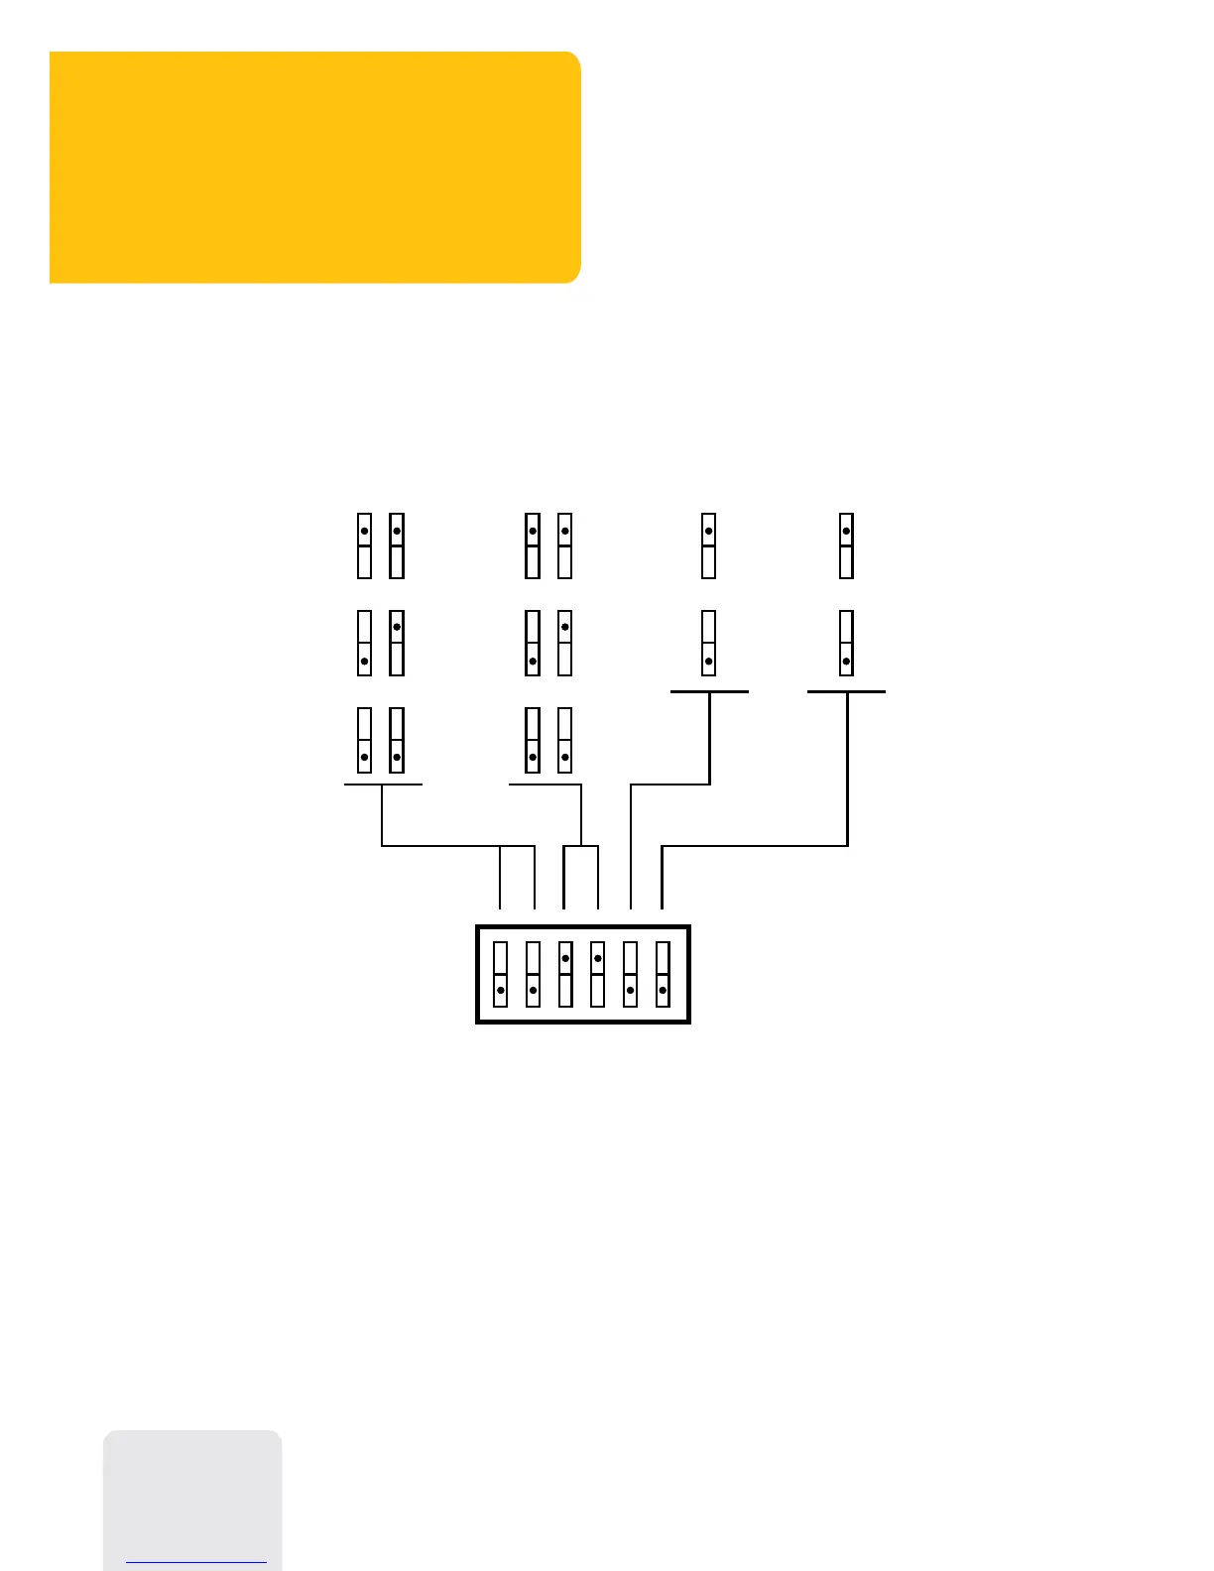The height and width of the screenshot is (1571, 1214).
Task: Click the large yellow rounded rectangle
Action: pos(314,167)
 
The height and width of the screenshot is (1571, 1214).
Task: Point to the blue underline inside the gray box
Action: pos(196,1563)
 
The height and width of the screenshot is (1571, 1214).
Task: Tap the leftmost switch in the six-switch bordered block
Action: pos(501,974)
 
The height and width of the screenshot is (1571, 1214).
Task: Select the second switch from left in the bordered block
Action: pos(533,974)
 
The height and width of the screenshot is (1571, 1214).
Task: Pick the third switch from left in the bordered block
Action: pos(565,974)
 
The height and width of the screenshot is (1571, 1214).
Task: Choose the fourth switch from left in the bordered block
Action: pos(597,974)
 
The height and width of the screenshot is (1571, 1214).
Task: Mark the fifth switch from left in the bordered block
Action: pos(630,974)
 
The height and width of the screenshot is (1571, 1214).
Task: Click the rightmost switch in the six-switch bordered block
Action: pos(663,974)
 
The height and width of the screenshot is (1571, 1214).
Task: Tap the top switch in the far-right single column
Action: pos(846,545)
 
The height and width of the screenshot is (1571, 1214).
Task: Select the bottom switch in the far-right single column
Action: pos(846,643)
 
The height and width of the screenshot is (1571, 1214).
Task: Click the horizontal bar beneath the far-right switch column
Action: pos(846,691)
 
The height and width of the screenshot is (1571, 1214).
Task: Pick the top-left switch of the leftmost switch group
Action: pos(365,545)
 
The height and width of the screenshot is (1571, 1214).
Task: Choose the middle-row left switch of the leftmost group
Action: pos(365,643)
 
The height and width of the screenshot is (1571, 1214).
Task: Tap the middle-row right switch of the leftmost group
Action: pos(397,643)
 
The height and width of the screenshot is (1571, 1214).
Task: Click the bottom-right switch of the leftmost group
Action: pos(397,740)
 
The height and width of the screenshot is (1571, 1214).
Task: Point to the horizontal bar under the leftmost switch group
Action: pos(383,785)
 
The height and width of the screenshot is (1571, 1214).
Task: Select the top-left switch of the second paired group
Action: pos(533,545)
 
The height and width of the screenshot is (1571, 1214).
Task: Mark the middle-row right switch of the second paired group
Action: pos(565,643)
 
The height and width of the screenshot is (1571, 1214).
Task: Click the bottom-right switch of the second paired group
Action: pos(565,740)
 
